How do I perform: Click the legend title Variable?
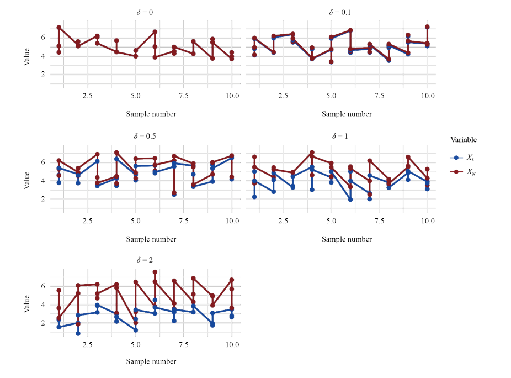pyautogui.click(x=464, y=140)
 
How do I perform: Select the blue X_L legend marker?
pyautogui.click(x=456, y=158)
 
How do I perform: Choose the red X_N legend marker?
pyautogui.click(x=456, y=172)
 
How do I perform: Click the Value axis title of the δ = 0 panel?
pyautogui.click(x=27, y=56)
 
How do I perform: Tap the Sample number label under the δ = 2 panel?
pyautogui.click(x=151, y=362)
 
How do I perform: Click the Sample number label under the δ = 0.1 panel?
pyautogui.click(x=347, y=114)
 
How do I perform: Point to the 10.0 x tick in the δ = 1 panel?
pyautogui.click(x=427, y=221)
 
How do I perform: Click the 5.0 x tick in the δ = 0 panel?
pyautogui.click(x=135, y=96)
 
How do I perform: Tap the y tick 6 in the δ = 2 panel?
pyautogui.click(x=42, y=286)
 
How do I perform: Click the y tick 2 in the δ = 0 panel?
pyautogui.click(x=42, y=75)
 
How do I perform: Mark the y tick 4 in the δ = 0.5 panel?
pyautogui.click(x=42, y=181)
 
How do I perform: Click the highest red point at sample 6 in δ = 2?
pyautogui.click(x=155, y=272)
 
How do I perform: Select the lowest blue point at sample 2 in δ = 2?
pyautogui.click(x=78, y=333)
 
